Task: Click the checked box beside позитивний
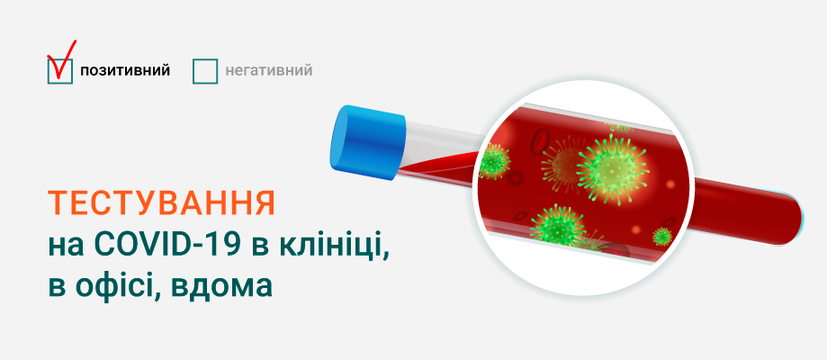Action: [59, 71]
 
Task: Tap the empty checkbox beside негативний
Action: [205, 71]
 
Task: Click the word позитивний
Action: [125, 71]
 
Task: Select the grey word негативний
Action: [269, 70]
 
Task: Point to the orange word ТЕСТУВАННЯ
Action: [162, 203]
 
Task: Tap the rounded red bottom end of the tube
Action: [791, 218]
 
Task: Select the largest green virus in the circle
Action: [612, 169]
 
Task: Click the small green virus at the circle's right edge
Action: [662, 236]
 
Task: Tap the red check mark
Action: [62, 59]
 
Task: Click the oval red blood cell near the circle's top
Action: [540, 140]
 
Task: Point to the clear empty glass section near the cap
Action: [440, 139]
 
